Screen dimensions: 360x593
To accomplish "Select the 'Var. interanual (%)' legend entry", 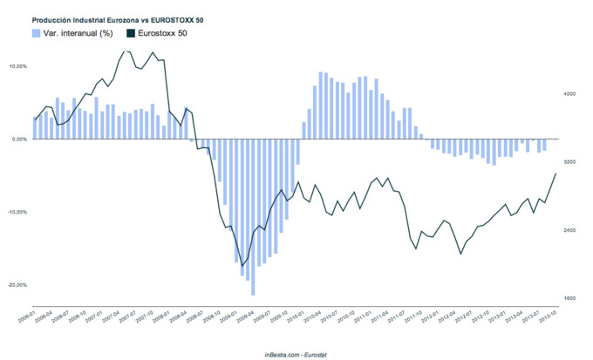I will tap(73, 33).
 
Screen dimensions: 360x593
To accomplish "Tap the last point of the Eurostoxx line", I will tap(556, 173).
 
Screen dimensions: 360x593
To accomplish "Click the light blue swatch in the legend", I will tap(36, 33).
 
